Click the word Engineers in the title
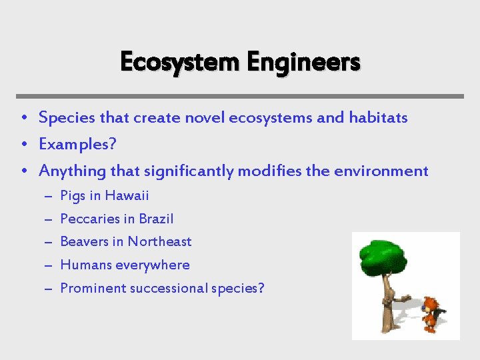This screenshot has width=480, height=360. (x=303, y=62)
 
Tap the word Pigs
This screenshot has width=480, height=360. (x=73, y=196)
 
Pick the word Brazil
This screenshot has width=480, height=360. (x=156, y=219)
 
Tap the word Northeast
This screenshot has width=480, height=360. (x=159, y=242)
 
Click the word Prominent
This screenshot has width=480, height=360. (x=91, y=289)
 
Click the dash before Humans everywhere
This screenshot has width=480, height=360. (x=49, y=265)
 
